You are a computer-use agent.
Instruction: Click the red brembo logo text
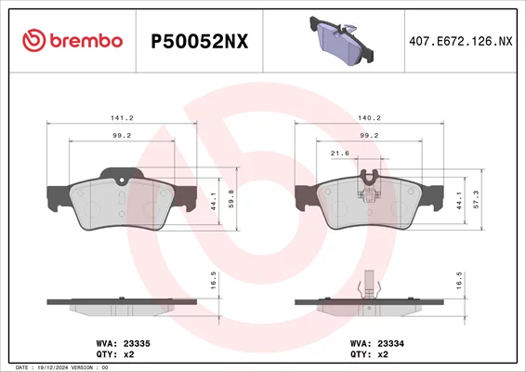[x=86, y=41]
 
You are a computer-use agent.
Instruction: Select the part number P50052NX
[x=200, y=42]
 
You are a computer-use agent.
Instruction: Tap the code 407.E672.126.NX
[x=461, y=41]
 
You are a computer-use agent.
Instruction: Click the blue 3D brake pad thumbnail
[x=341, y=41]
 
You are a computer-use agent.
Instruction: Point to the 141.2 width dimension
[x=122, y=118]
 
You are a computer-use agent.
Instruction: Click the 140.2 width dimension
[x=369, y=118]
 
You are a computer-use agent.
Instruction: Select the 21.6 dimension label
[x=340, y=153]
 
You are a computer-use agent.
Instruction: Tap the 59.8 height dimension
[x=231, y=199]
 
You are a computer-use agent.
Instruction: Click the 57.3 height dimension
[x=476, y=199]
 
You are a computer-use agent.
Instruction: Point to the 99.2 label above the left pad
[x=122, y=136]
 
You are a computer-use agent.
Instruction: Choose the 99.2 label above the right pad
[x=369, y=136]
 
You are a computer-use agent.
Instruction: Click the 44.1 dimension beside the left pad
[x=214, y=202]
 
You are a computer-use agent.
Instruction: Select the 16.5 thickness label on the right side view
[x=459, y=281]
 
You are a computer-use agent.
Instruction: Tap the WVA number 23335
[x=137, y=344]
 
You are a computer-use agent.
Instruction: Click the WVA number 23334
[x=391, y=344]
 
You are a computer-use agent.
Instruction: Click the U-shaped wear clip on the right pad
[x=369, y=178]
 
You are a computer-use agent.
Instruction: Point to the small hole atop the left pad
[x=122, y=180]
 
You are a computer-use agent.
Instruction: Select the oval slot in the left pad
[x=122, y=199]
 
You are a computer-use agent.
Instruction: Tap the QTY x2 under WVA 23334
[x=369, y=354]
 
